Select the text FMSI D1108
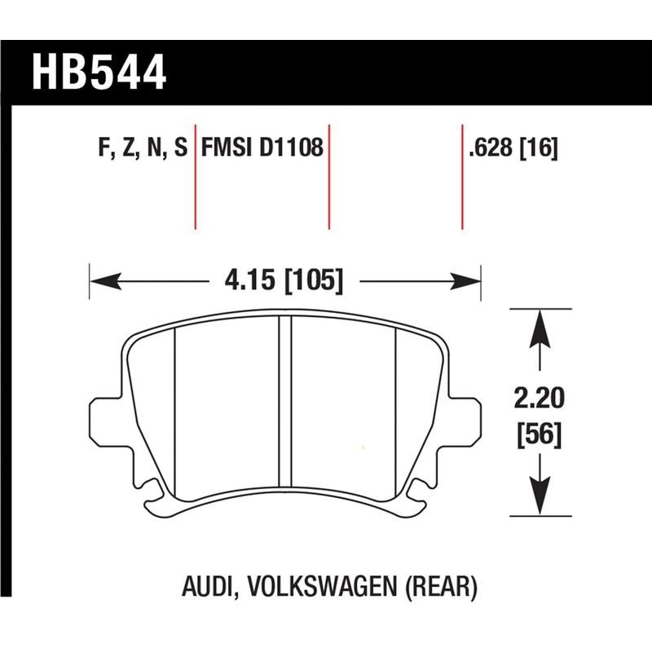[262, 148]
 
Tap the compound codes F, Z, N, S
[142, 148]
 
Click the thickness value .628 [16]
[513, 148]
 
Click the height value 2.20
[539, 399]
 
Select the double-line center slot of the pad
[285, 399]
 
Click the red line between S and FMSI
[196, 177]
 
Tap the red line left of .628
[462, 177]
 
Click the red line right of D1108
[328, 177]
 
